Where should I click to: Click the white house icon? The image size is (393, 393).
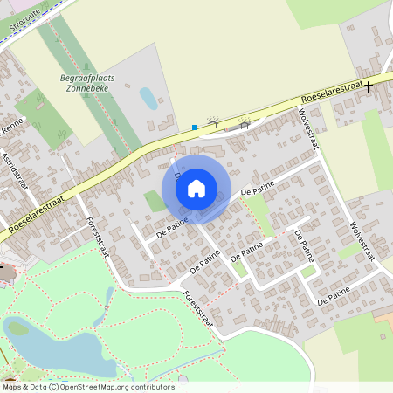(196, 188)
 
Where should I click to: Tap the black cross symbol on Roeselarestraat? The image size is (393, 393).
(369, 86)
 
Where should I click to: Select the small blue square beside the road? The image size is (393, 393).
(195, 128)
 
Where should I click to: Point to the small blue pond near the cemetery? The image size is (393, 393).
(148, 98)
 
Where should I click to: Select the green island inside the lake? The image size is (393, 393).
(17, 329)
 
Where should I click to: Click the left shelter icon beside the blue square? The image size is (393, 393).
(212, 124)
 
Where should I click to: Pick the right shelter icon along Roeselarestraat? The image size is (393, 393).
(245, 123)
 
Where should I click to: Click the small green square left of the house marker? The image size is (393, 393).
(154, 201)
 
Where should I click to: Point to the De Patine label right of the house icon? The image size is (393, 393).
(257, 187)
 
